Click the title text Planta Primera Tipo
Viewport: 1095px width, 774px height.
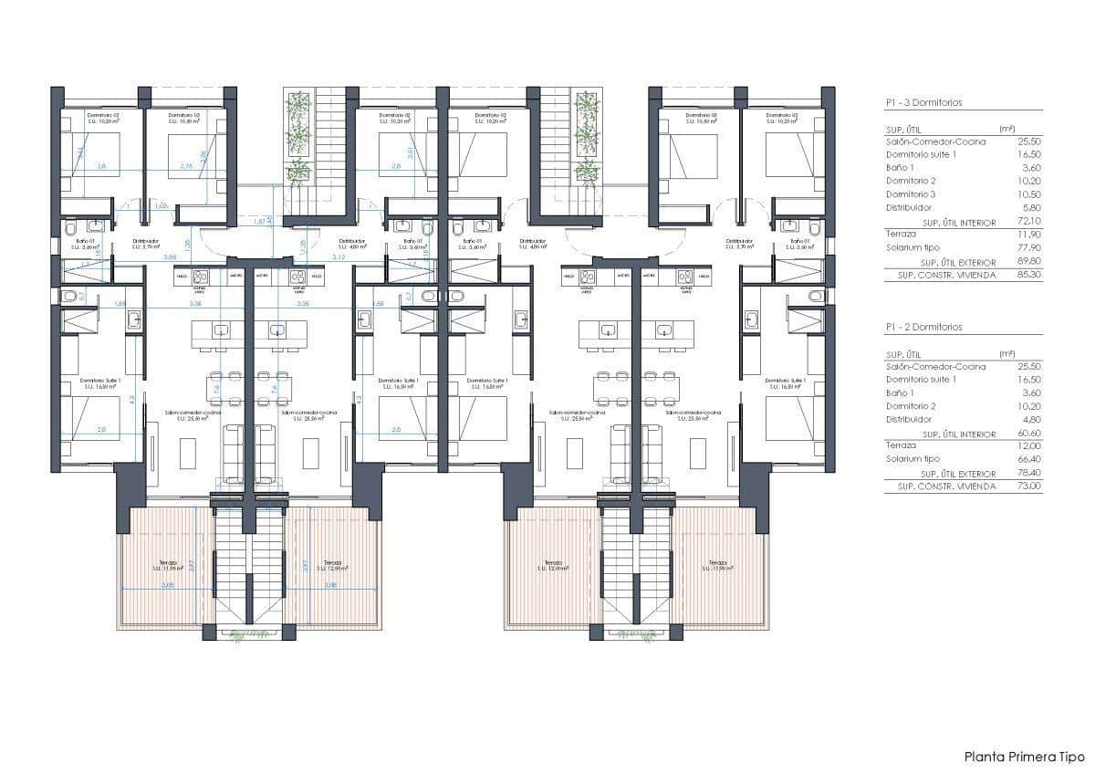(1025, 757)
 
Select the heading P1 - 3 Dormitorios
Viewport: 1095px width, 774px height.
(923, 103)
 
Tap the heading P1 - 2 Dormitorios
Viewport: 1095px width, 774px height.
(923, 327)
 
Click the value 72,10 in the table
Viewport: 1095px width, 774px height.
(1029, 222)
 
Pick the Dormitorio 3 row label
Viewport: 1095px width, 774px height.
(911, 194)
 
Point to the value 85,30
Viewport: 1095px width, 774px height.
(1029, 275)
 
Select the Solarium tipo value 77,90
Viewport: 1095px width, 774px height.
(1029, 247)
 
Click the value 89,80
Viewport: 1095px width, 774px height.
(1029, 261)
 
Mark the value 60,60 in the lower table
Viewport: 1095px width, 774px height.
(1029, 433)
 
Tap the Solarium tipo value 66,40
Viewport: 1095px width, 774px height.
(1029, 459)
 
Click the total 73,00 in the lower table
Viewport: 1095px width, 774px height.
(1029, 486)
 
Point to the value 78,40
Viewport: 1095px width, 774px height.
(1029, 473)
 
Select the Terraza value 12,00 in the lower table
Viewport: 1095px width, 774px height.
(1029, 445)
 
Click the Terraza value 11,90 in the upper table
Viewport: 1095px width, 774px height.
(1029, 235)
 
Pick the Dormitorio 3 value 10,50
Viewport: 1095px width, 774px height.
(1029, 194)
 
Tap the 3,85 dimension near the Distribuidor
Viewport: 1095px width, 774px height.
(171, 257)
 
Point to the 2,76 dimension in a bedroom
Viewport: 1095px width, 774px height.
(186, 166)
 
